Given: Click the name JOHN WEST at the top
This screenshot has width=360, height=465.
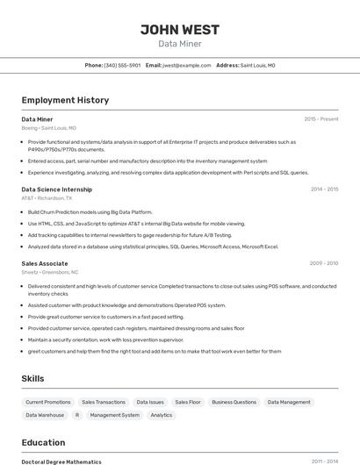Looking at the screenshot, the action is click(179, 30).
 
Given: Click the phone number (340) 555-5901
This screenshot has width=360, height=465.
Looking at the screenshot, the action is click(122, 65).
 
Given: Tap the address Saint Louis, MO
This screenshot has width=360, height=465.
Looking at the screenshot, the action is click(257, 65).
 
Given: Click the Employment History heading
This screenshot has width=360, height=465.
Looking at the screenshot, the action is click(65, 100).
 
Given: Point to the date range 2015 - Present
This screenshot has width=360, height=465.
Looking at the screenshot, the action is click(321, 119).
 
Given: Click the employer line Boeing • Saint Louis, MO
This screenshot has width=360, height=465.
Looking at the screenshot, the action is click(48, 128).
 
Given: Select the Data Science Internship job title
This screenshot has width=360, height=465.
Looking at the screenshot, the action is click(56, 189).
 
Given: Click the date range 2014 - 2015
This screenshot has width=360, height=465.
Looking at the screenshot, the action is click(324, 189).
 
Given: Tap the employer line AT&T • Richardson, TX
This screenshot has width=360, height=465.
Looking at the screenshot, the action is click(47, 198).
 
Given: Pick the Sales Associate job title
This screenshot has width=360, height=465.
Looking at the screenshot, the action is click(45, 263).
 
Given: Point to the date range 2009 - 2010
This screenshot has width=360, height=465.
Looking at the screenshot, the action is click(324, 263).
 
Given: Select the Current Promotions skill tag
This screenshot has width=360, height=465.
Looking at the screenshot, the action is click(48, 402).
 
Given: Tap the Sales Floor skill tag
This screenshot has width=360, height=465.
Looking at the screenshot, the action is click(188, 402).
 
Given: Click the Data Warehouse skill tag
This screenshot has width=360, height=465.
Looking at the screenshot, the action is click(45, 415).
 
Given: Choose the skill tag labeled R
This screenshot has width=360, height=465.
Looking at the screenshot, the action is click(77, 415).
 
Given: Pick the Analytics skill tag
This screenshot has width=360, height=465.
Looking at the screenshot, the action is click(162, 415).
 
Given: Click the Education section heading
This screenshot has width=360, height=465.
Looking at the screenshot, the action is click(44, 442).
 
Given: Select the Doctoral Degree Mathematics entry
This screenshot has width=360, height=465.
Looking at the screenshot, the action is click(61, 461).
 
